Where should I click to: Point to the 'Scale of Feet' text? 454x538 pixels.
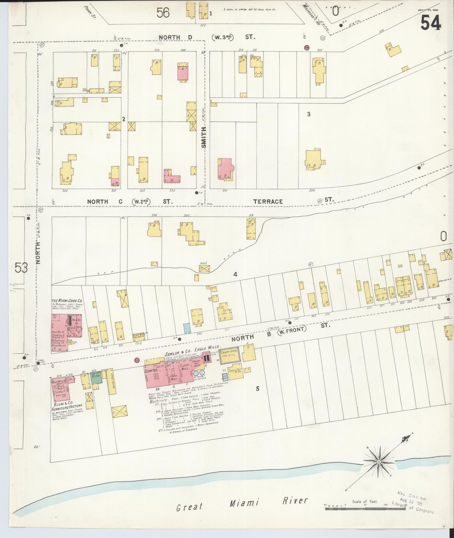coord(365,502)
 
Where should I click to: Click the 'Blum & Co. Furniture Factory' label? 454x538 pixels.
coord(65,407)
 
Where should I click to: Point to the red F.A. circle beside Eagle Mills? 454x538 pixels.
coord(137,360)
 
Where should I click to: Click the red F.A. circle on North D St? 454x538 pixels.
coord(307,48)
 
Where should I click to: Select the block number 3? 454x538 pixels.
coord(309,114)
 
